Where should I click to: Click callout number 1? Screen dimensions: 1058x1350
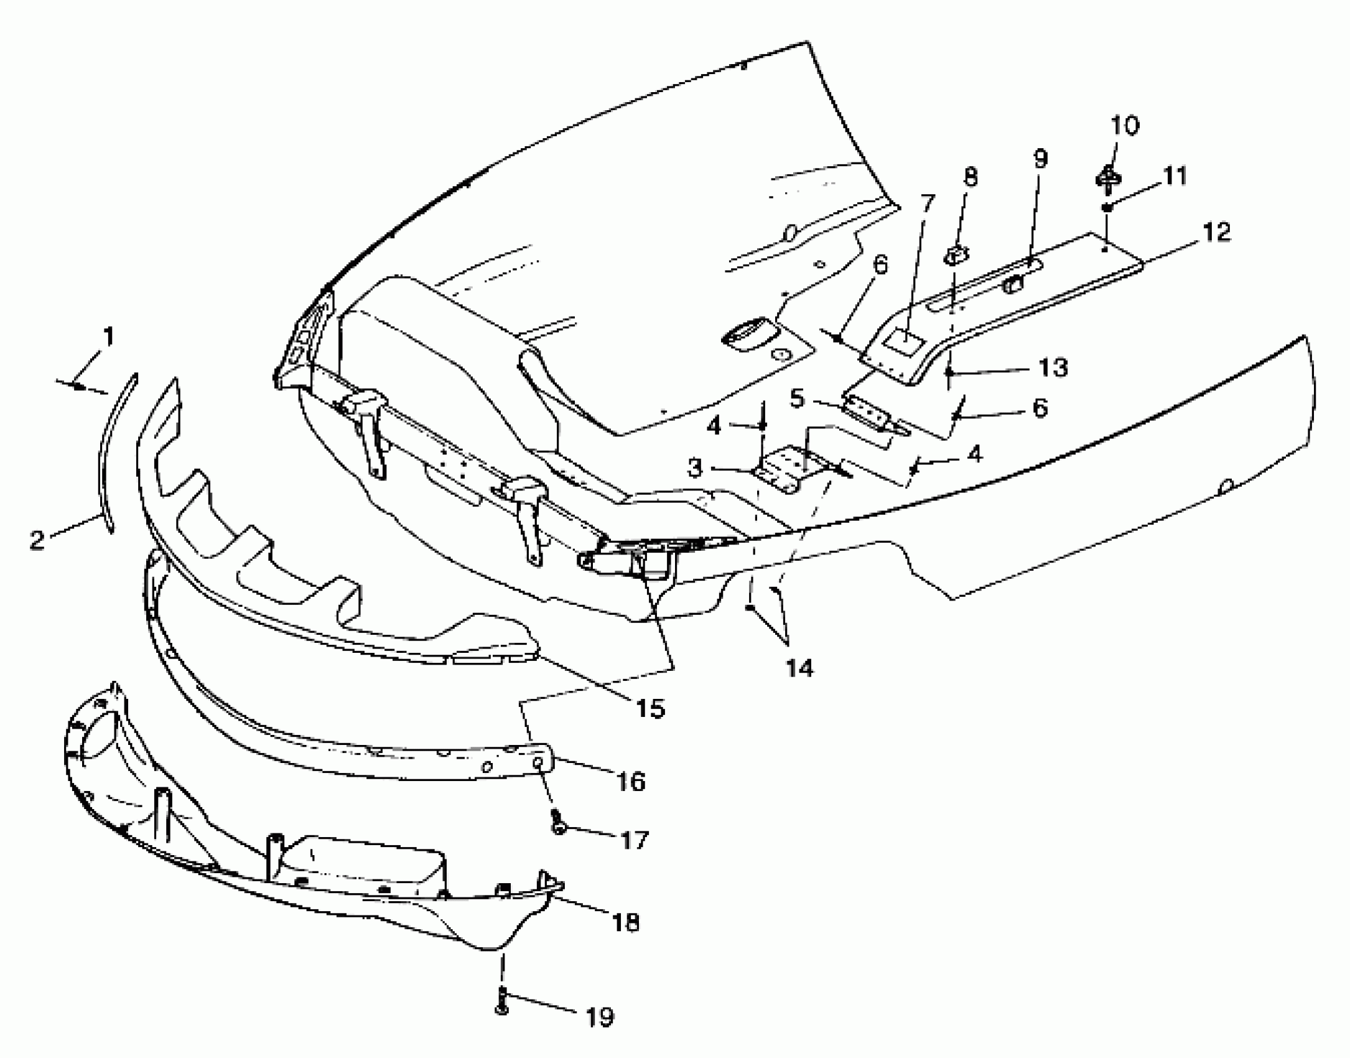pyautogui.click(x=108, y=338)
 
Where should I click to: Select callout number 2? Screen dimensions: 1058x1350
pyautogui.click(x=37, y=539)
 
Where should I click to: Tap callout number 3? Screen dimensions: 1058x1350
pyautogui.click(x=696, y=468)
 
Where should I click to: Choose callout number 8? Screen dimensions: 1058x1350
pyautogui.click(x=969, y=177)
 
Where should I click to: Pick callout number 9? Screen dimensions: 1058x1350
pyautogui.click(x=1040, y=159)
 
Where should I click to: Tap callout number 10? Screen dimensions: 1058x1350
pyautogui.click(x=1125, y=125)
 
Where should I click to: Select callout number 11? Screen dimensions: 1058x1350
pyautogui.click(x=1175, y=176)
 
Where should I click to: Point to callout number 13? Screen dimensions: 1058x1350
pyautogui.click(x=1053, y=367)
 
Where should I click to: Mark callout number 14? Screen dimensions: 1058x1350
pyautogui.click(x=799, y=669)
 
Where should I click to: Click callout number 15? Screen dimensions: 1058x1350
pyautogui.click(x=651, y=708)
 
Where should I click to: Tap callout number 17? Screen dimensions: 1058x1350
pyautogui.click(x=635, y=841)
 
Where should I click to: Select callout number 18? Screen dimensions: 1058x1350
pyautogui.click(x=626, y=922)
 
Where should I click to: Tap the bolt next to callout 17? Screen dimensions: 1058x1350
pyautogui.click(x=558, y=823)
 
